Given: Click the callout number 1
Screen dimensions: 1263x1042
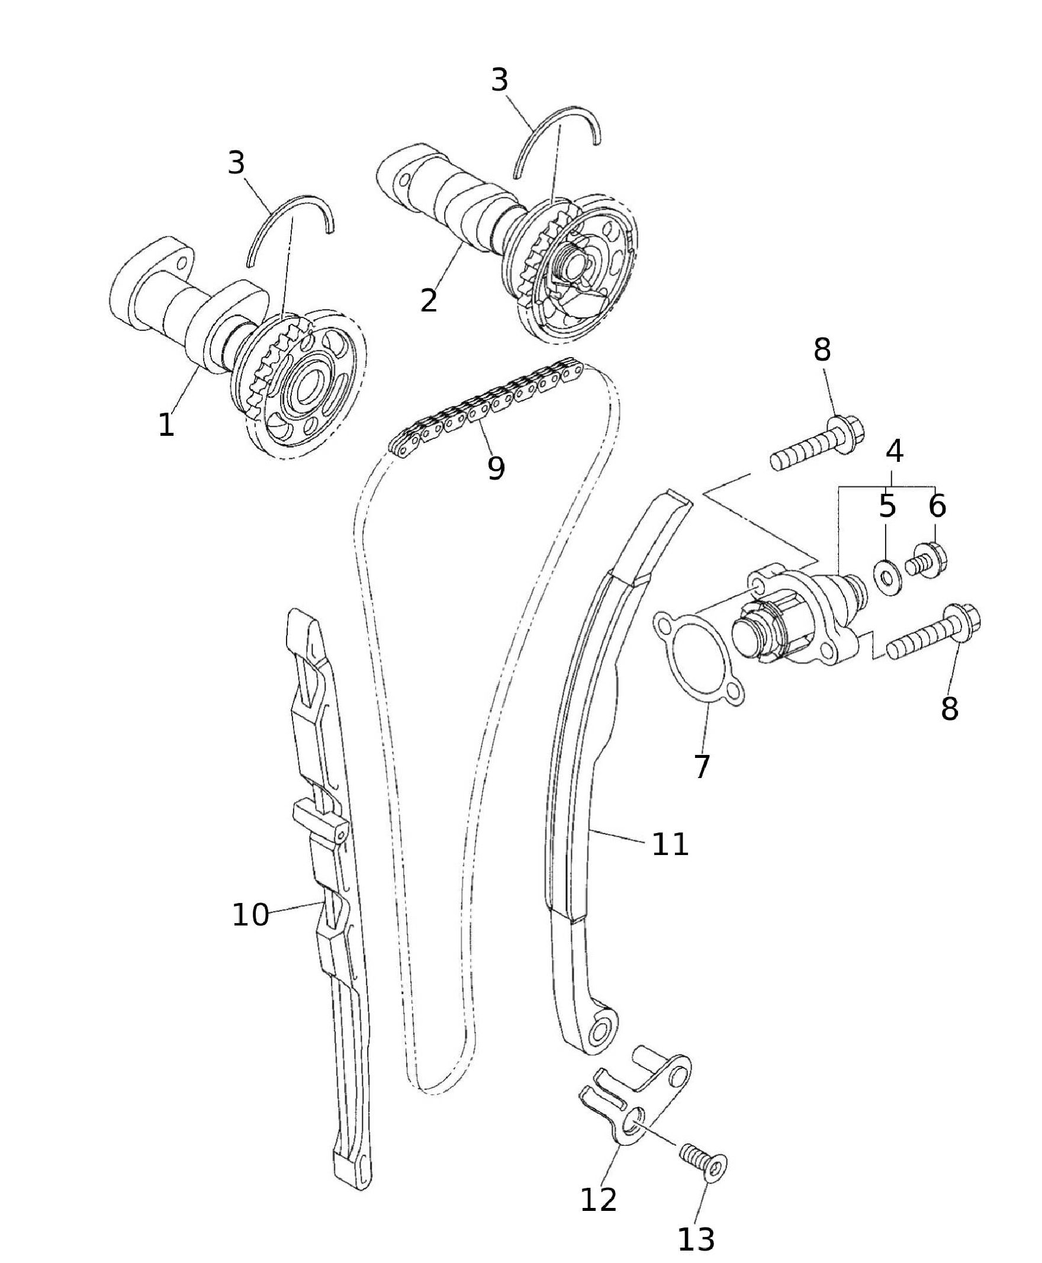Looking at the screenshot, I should (x=166, y=425).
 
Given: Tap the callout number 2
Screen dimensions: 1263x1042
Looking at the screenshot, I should (x=429, y=300).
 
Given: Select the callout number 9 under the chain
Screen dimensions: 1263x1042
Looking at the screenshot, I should (x=496, y=468).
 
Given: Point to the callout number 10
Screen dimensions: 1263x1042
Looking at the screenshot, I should (x=250, y=915).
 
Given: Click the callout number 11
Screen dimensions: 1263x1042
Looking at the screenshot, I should (x=670, y=844).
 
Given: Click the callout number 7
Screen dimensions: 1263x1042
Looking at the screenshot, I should (x=702, y=766).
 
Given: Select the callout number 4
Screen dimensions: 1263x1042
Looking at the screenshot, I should (x=895, y=451).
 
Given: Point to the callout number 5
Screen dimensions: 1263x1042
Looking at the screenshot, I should (x=887, y=506).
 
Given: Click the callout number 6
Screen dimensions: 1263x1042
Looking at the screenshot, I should (x=937, y=506).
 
